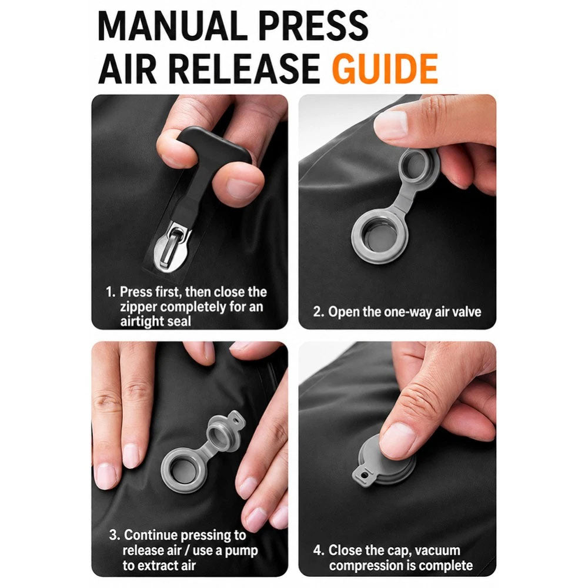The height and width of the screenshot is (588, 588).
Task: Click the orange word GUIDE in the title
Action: coord(385,69)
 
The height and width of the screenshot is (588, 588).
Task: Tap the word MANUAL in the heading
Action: coord(167,26)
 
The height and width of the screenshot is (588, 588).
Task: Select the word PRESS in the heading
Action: coord(313,26)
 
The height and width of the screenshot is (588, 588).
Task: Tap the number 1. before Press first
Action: coord(111,292)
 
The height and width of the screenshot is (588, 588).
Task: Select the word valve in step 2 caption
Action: coord(466,312)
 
